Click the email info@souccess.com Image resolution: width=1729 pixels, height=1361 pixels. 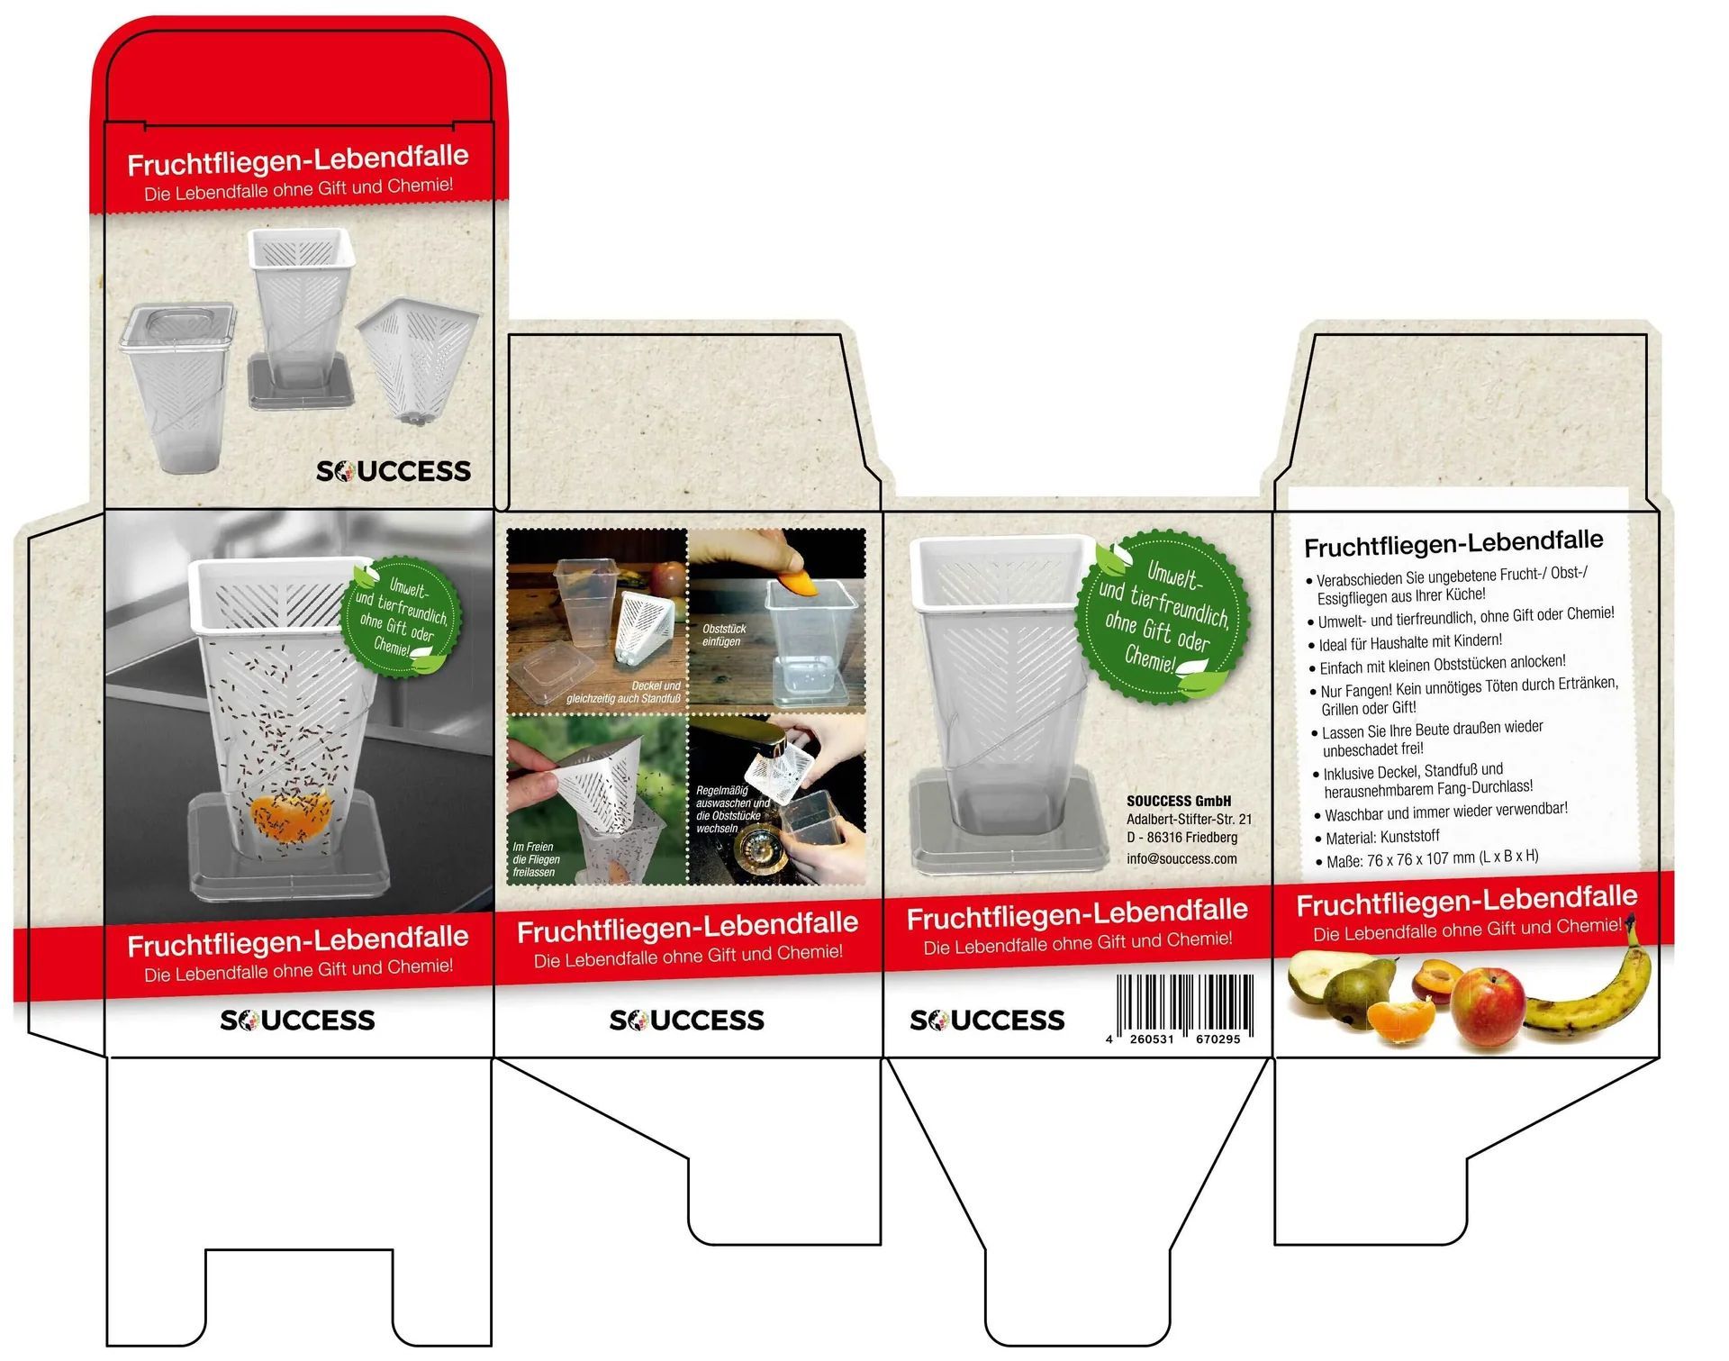pos(1181,858)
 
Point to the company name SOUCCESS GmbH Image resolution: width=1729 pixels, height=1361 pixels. pos(1179,801)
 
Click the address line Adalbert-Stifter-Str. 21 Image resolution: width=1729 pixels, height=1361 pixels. pos(1189,819)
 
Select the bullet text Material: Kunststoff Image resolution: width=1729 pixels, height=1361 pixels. pos(1382,838)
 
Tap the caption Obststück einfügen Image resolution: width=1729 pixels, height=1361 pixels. pos(724,635)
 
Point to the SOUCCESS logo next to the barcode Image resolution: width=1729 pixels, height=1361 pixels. pos(987,1020)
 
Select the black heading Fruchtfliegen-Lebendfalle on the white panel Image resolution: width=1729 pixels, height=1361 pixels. pos(1453,543)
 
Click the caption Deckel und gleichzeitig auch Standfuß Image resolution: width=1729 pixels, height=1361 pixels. pos(623,692)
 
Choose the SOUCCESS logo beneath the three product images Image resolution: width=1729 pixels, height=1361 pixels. pos(394,471)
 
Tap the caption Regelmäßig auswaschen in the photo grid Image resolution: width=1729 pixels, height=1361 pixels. pos(732,809)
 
